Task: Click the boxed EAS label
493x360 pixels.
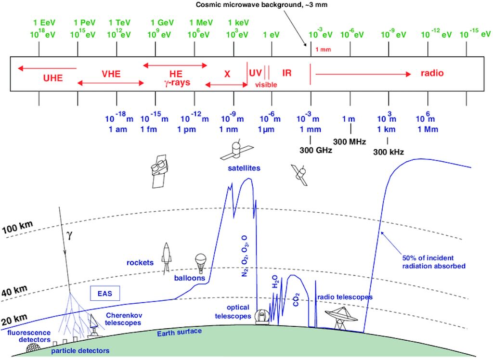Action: click(x=104, y=293)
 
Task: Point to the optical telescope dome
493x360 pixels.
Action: click(x=262, y=316)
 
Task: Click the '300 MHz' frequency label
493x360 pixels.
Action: click(x=350, y=141)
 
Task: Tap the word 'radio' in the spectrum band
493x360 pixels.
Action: click(x=431, y=74)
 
